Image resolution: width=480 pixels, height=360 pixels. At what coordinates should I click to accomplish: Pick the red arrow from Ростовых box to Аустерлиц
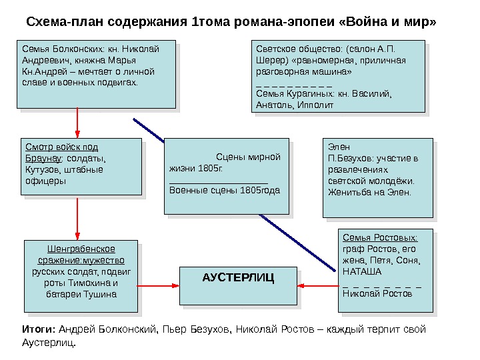pos(318,285)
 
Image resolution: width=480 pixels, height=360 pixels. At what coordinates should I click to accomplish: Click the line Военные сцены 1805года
pos(225,190)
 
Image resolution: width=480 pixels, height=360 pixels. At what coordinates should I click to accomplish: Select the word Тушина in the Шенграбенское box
pos(100,293)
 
